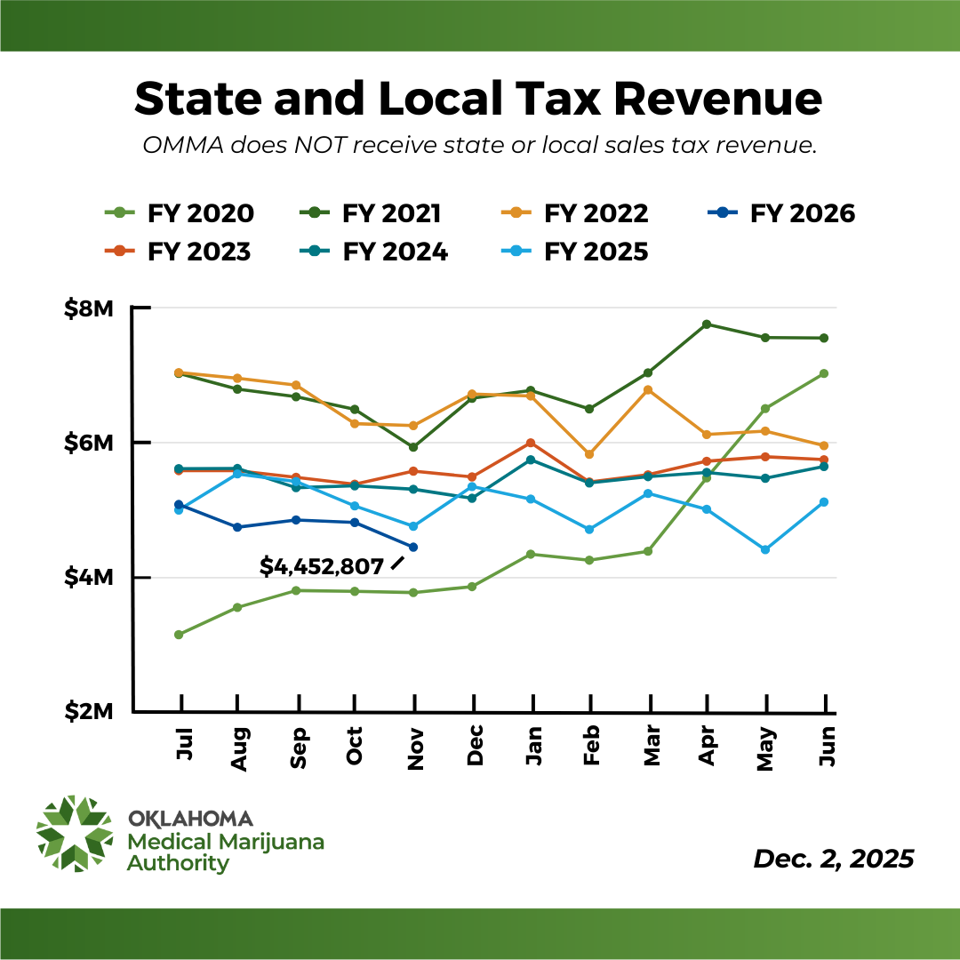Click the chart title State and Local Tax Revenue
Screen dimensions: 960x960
478,98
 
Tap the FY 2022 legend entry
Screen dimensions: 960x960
573,214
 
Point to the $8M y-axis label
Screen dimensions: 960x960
89,309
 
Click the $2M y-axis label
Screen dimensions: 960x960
89,713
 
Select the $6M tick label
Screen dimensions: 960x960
89,444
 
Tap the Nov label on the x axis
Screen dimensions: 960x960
414,745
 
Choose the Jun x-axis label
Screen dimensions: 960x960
826,745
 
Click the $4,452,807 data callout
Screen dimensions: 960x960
322,566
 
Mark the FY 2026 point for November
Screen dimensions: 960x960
413,547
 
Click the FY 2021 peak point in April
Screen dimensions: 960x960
707,324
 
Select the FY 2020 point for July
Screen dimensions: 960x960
179,635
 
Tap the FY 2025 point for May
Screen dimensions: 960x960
765,550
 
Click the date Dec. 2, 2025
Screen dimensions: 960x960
833,859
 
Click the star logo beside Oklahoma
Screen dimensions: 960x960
75,833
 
